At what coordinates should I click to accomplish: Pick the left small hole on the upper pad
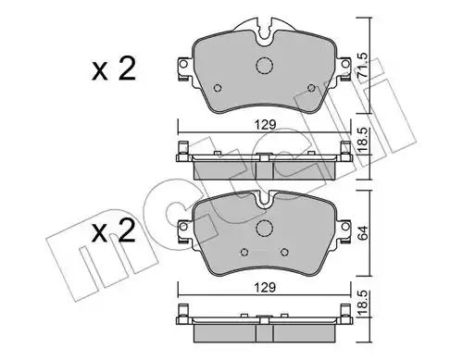pyautogui.click(x=219, y=89)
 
